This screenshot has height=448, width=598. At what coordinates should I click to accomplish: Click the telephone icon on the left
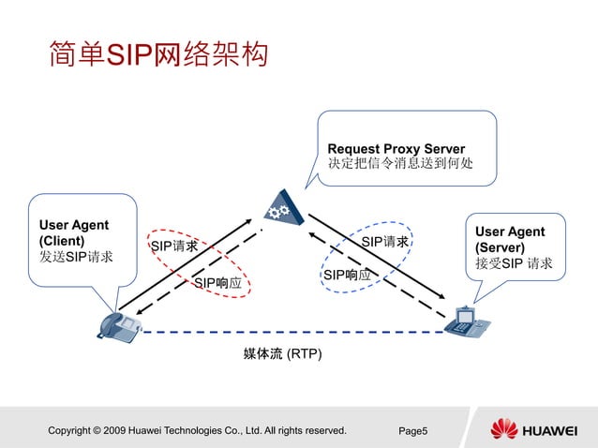[x=119, y=324]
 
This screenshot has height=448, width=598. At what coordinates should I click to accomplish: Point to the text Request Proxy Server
[x=396, y=148]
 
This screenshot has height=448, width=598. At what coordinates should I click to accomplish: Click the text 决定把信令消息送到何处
[x=399, y=164]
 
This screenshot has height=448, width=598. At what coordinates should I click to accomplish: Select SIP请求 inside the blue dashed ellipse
[x=384, y=242]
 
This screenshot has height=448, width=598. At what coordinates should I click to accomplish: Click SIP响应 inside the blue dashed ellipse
[x=347, y=275]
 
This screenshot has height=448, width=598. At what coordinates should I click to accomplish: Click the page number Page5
[x=413, y=430]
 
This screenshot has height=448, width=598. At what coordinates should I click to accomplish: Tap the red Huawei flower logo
[x=503, y=429]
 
